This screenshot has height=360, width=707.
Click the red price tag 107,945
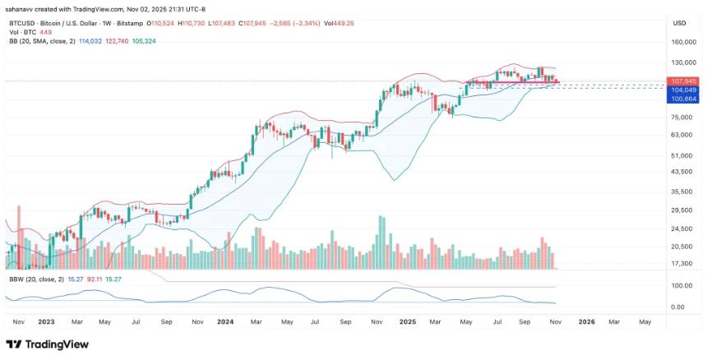point(683,81)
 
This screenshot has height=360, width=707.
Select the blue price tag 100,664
point(683,99)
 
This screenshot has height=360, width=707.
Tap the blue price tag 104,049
point(683,90)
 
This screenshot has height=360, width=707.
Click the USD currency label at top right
point(679,23)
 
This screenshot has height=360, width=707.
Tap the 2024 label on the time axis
point(224,322)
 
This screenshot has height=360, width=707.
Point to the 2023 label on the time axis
point(45,322)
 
